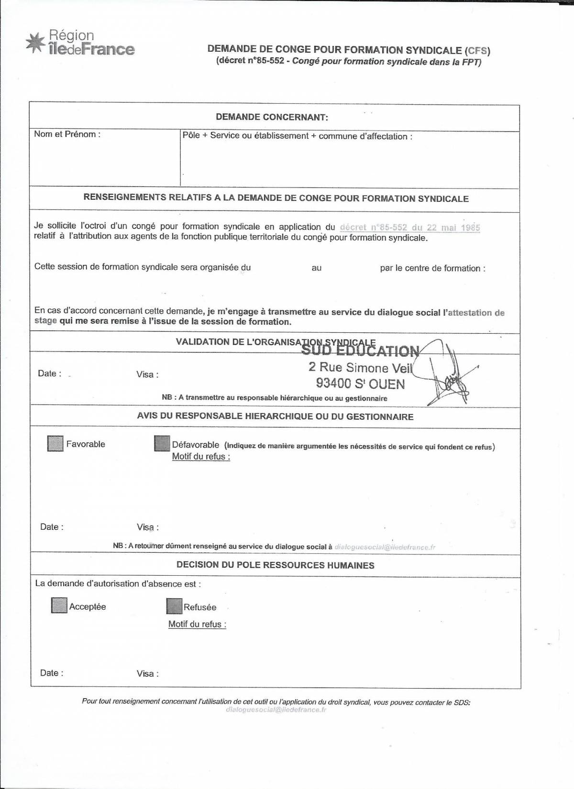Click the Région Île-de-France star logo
point(34,43)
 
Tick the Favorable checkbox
point(55,444)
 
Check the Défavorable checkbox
point(162,443)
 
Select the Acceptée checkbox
point(59,605)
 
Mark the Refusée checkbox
point(175,606)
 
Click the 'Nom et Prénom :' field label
point(67,134)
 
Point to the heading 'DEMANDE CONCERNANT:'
point(272,117)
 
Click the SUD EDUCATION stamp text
point(360,351)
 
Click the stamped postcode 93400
point(333,384)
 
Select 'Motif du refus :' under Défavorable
point(201,457)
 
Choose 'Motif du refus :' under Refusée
point(197,624)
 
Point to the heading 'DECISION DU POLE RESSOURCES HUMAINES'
point(275,565)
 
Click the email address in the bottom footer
point(276,710)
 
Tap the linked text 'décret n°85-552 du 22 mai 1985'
point(409,228)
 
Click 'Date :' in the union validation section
point(49,373)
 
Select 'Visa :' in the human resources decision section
point(147,674)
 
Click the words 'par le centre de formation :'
point(432,268)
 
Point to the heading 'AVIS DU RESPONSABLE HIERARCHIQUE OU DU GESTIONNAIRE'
point(275,416)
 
